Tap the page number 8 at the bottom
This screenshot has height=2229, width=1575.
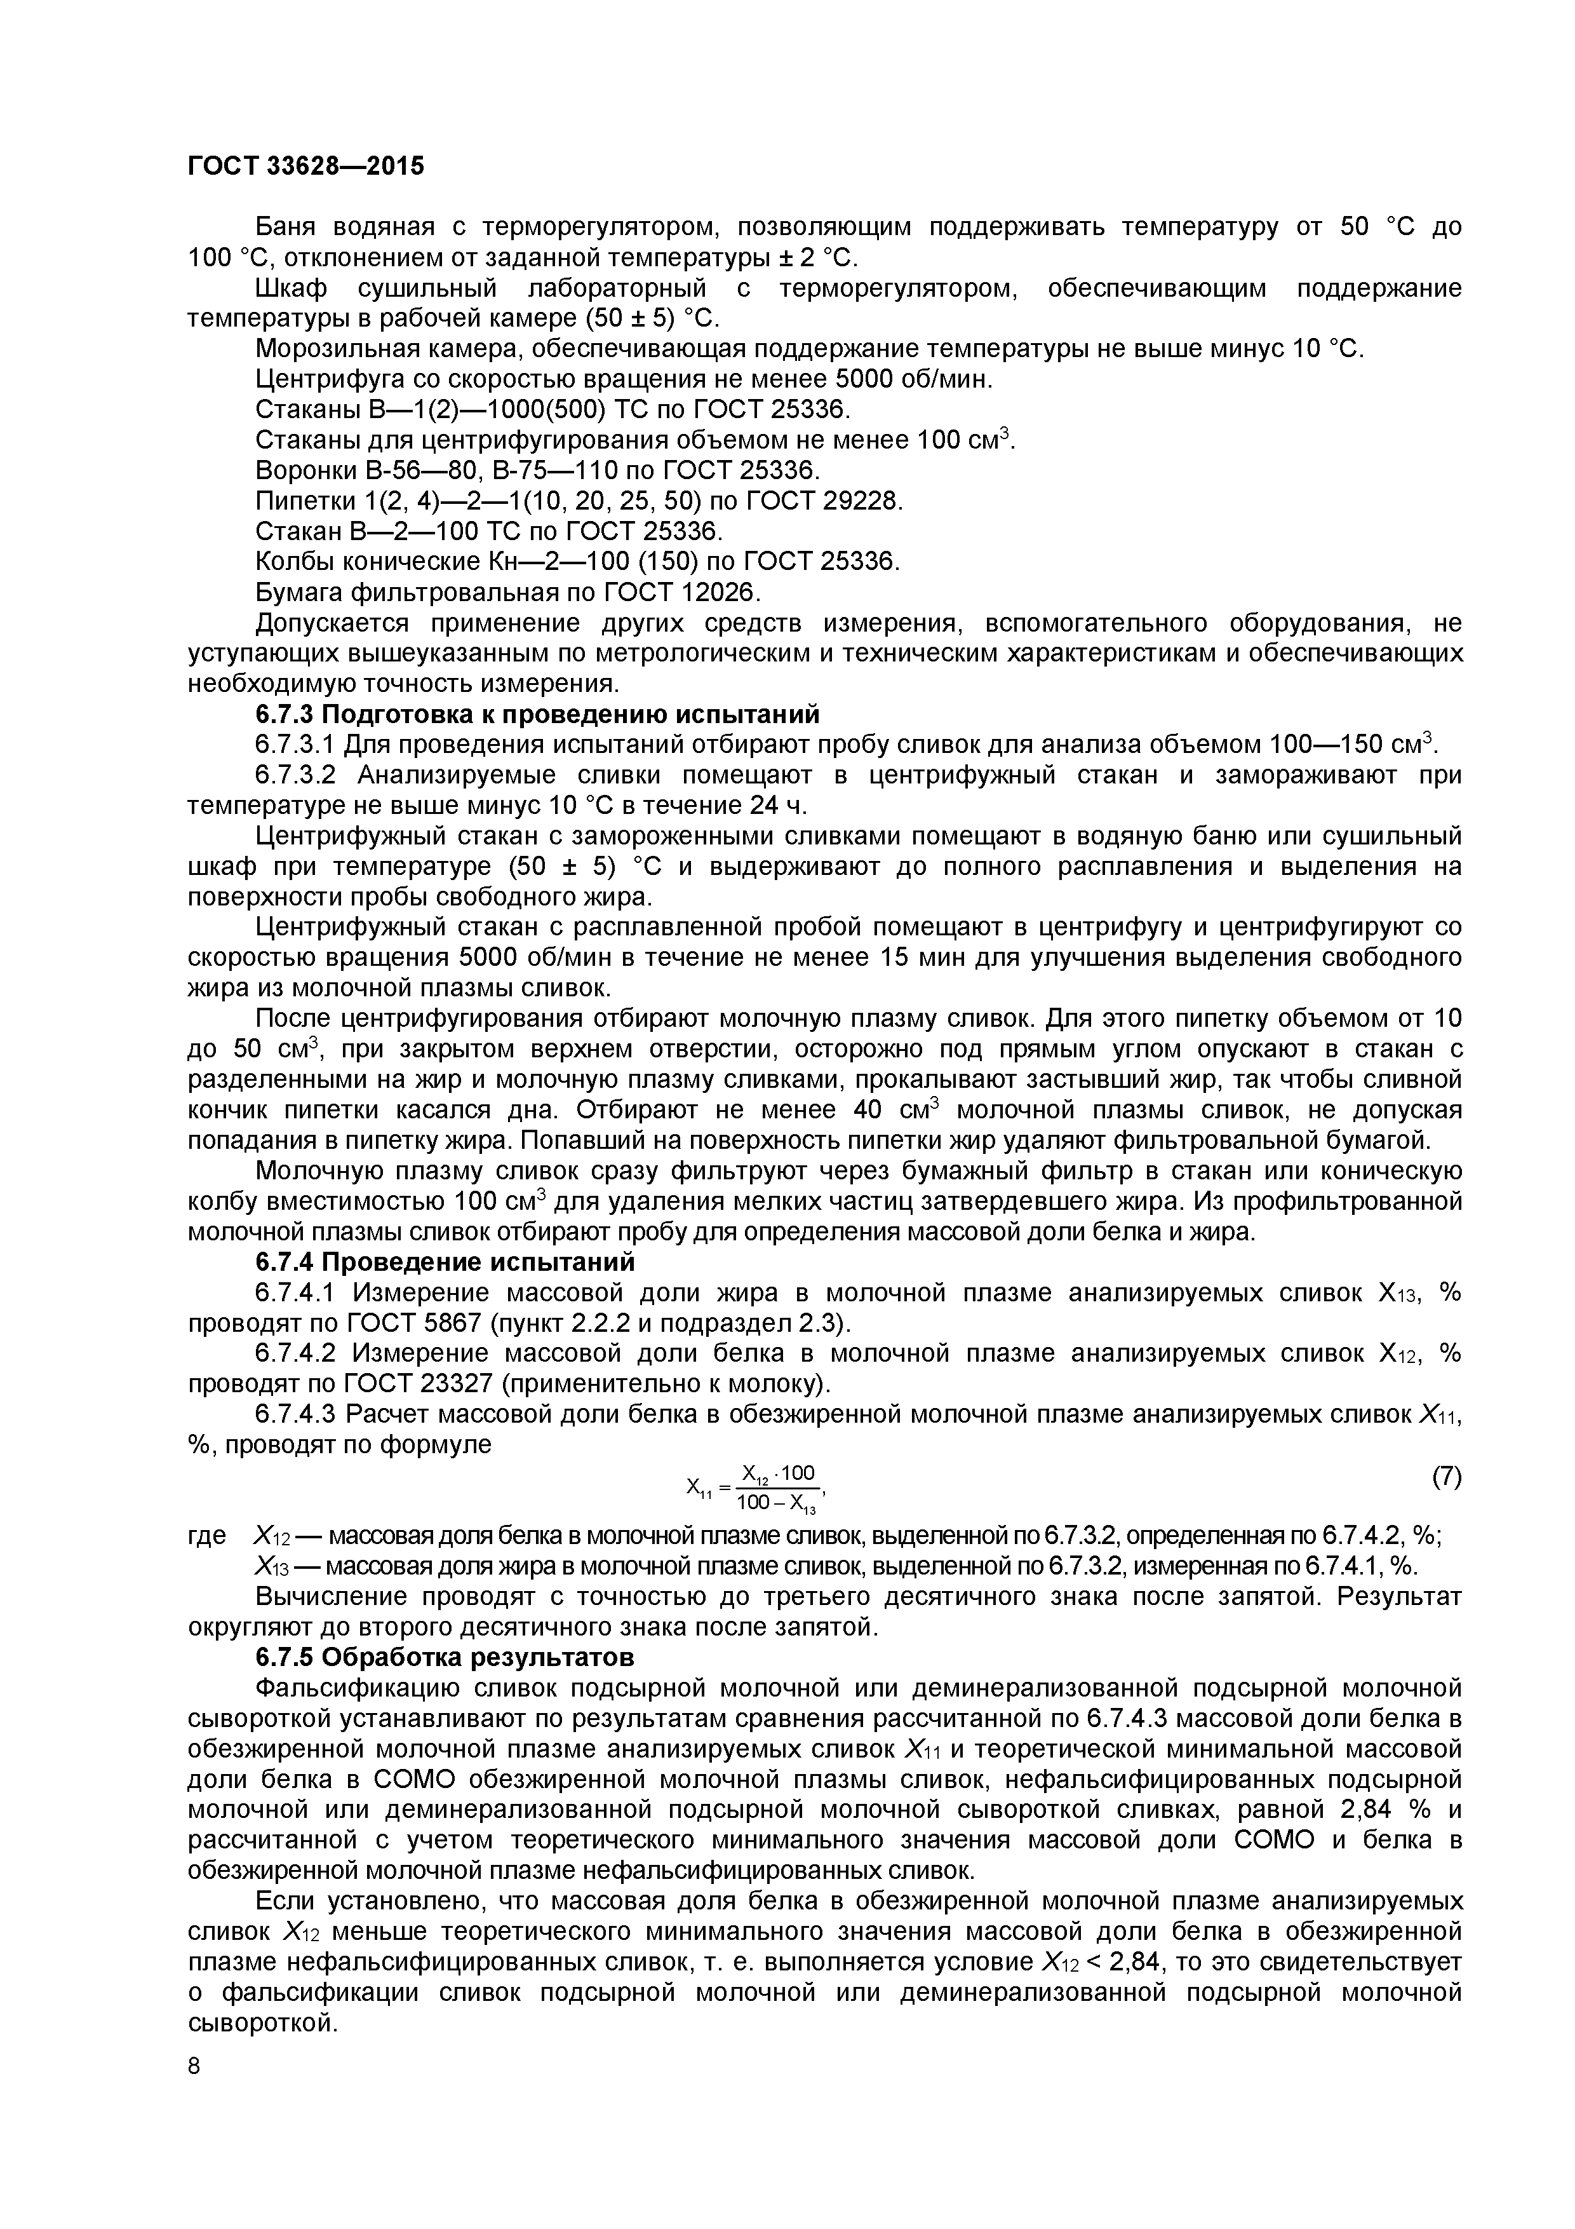click(x=194, y=2092)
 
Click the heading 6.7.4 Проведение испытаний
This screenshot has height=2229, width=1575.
click(x=445, y=1262)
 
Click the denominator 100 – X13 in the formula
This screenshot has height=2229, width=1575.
click(x=776, y=1504)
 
